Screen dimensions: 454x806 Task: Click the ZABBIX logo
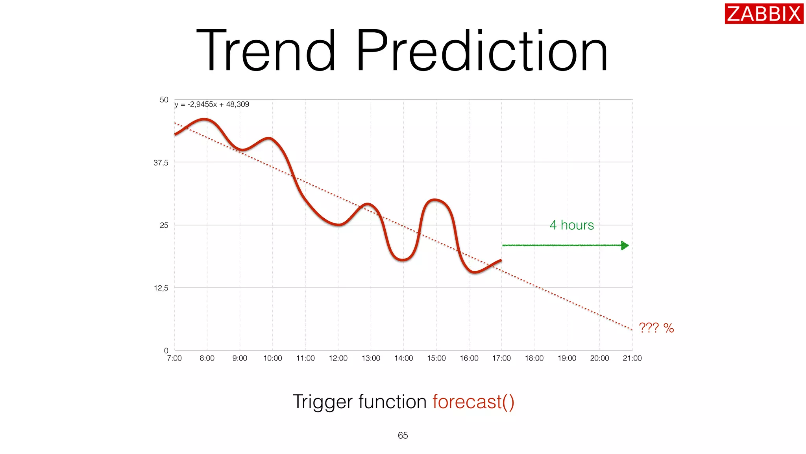(763, 14)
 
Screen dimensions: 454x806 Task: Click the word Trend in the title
(266, 51)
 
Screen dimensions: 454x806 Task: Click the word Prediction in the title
(482, 51)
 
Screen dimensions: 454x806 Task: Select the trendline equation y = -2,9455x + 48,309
(212, 104)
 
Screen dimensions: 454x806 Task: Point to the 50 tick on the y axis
(164, 100)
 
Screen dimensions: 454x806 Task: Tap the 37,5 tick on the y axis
(161, 163)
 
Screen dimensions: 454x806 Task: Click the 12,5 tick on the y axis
(161, 288)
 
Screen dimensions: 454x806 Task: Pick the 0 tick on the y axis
(166, 350)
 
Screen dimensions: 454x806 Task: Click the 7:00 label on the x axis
(174, 358)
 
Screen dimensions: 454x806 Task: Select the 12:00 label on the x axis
(338, 358)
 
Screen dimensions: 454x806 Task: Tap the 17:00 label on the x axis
(501, 358)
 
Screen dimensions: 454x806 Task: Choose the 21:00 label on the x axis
(632, 358)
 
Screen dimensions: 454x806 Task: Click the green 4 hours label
(571, 225)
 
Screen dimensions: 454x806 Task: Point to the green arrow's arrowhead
(625, 246)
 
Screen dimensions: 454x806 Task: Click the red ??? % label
(656, 328)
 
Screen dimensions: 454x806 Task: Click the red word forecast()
(473, 402)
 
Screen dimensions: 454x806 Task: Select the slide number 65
(403, 435)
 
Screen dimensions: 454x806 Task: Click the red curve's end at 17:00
(501, 260)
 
